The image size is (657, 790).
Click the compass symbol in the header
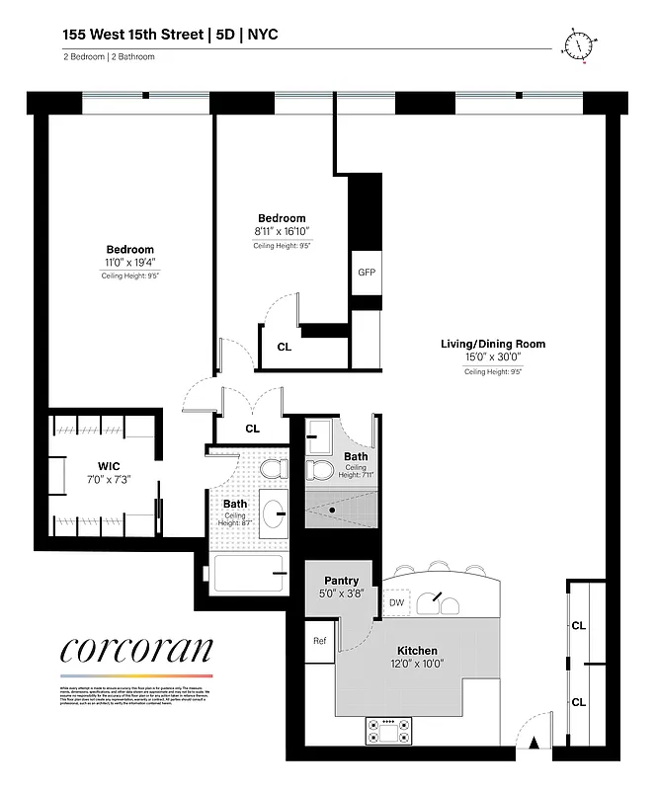pos(579,44)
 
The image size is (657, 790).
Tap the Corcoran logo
pos(136,650)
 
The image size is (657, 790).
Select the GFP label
pos(366,273)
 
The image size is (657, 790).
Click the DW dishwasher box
pos(397,600)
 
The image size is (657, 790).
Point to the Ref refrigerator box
pos(319,640)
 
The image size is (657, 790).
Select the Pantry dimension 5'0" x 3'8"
pos(341,594)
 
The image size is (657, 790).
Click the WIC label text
pos(108,465)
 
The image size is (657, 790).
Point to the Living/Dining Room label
pos(493,344)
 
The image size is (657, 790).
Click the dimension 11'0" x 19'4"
pos(130,263)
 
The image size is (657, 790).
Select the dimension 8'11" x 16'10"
pos(282,231)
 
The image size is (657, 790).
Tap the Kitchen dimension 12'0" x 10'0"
pos(417,665)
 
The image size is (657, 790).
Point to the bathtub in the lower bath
pos(247,573)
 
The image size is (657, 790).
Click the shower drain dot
pos(334,510)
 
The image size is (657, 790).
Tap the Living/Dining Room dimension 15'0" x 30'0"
pos(493,357)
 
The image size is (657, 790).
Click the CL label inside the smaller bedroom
pos(285,347)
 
